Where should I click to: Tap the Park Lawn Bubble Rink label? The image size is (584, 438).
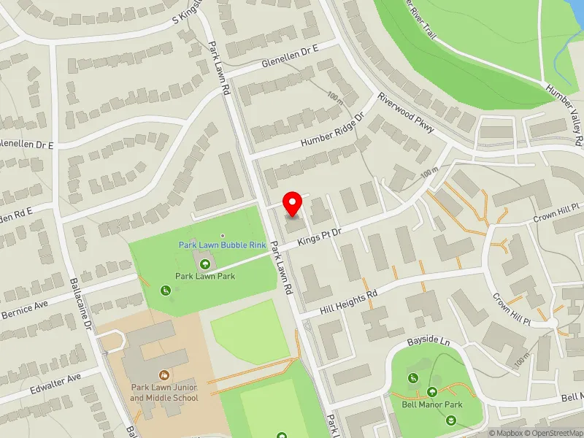(222, 245)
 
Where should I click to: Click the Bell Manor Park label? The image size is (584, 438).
(432, 404)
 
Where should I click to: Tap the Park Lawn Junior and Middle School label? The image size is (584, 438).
(164, 393)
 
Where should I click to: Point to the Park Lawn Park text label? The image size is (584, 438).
(205, 277)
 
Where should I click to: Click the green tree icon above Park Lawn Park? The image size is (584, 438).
(205, 264)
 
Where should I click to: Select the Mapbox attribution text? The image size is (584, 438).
(504, 433)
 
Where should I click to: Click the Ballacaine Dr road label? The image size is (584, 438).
(80, 299)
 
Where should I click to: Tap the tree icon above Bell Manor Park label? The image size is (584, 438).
(432, 392)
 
